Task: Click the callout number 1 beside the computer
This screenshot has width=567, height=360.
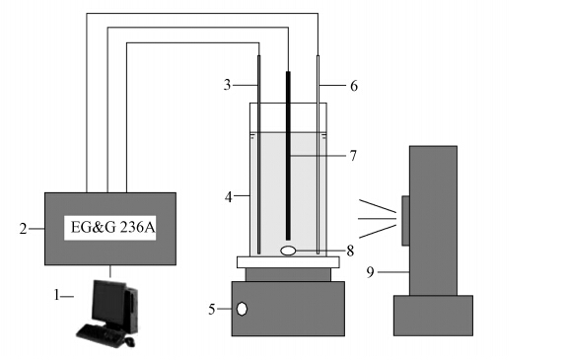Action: [x=56, y=295]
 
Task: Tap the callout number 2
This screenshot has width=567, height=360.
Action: [x=23, y=229]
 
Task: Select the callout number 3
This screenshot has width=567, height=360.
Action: [x=227, y=85]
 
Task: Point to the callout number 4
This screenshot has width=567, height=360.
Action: [x=228, y=197]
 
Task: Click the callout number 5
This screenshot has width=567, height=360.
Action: [x=212, y=310]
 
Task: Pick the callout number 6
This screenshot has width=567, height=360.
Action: [x=354, y=86]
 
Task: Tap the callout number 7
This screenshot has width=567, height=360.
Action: [x=353, y=156]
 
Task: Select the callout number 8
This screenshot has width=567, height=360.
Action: [x=350, y=251]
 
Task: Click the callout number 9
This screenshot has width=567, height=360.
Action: [x=370, y=272]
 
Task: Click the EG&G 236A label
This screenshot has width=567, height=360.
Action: [x=112, y=228]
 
